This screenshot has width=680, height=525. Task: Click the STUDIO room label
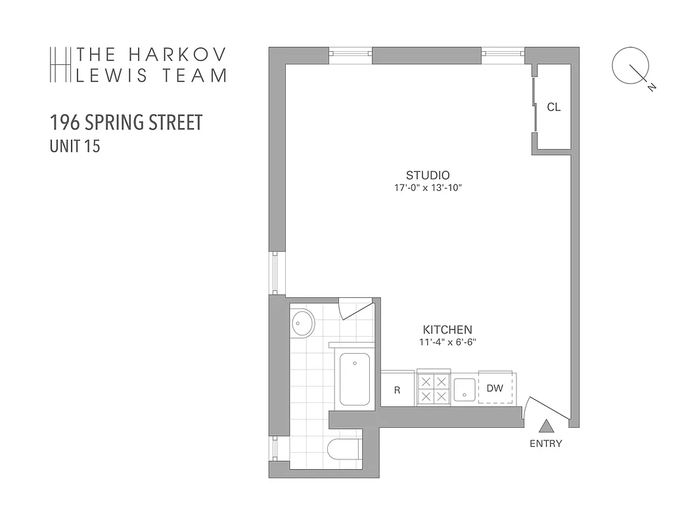(x=427, y=175)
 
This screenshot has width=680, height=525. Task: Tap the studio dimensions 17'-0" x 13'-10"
(x=428, y=188)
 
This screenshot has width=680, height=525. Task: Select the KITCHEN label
(x=447, y=329)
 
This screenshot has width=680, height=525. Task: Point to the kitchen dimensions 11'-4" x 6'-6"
(x=447, y=342)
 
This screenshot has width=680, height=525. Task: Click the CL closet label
(x=553, y=108)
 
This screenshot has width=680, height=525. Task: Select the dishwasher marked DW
(x=495, y=388)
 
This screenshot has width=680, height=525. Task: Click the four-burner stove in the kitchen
(x=434, y=388)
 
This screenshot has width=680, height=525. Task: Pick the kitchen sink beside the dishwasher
(x=464, y=389)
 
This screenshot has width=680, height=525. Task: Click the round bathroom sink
(x=302, y=324)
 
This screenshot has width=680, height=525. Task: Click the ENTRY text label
(x=546, y=444)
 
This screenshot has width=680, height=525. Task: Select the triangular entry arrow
(x=547, y=426)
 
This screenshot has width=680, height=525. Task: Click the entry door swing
(x=545, y=407)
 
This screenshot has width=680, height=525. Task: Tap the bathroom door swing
(x=355, y=308)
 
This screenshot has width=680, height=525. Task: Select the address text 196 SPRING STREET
(x=126, y=123)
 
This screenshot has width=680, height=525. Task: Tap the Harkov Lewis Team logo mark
(x=60, y=64)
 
